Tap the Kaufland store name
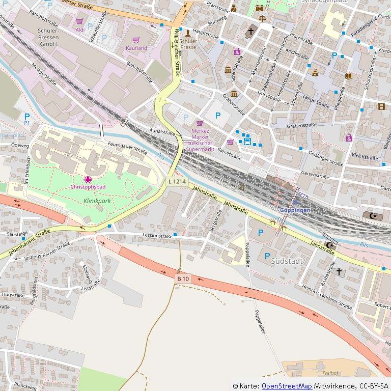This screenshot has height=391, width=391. tap(136, 48)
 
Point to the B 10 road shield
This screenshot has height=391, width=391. tap(183, 278)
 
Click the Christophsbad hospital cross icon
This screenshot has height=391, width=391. tap(88, 179)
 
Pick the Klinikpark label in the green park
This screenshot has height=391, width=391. tap(97, 201)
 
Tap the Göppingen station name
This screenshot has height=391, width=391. tap(295, 210)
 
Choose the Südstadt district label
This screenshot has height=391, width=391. tap(287, 261)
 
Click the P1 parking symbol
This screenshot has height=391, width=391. tap(27, 123)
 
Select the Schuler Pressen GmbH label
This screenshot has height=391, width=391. tap(42, 38)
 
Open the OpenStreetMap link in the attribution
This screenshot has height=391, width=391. tap(287, 386)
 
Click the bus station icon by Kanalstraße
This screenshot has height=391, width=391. tap(247, 141)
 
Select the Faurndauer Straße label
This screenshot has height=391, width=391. tap(127, 148)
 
